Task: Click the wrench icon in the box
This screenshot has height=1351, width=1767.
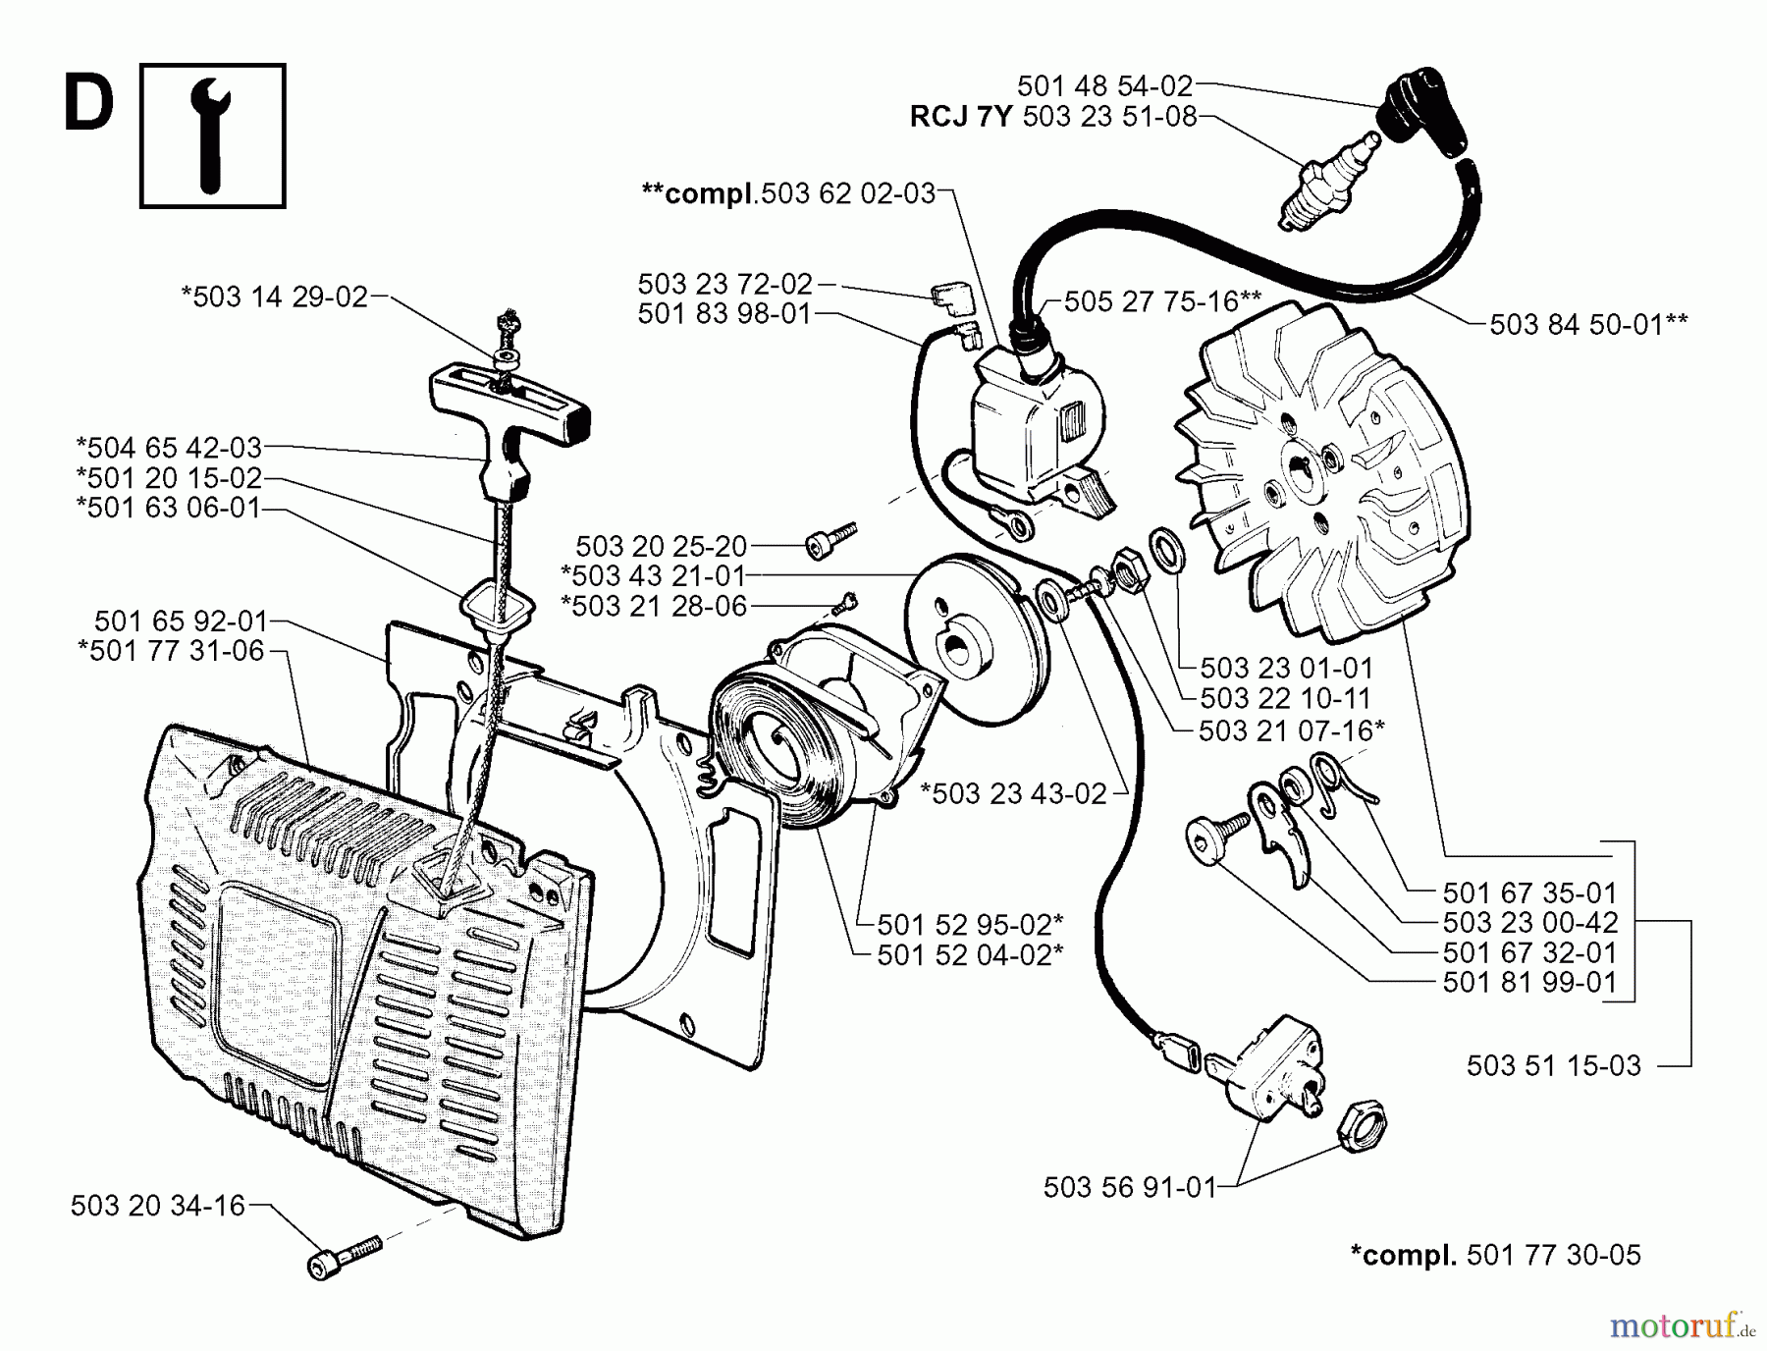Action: (x=212, y=135)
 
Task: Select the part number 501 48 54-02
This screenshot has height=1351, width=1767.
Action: (x=1104, y=85)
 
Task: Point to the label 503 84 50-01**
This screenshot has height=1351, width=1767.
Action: (x=1588, y=324)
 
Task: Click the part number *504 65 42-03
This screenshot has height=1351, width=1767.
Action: (x=169, y=448)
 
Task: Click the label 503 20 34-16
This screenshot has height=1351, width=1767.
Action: (x=157, y=1206)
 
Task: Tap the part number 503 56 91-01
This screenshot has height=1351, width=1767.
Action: (x=1129, y=1188)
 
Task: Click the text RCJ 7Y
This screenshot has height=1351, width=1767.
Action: (x=960, y=117)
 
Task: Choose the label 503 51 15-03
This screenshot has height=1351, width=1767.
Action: (x=1553, y=1065)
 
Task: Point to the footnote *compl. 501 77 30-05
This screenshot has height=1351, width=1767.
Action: (x=1495, y=1255)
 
